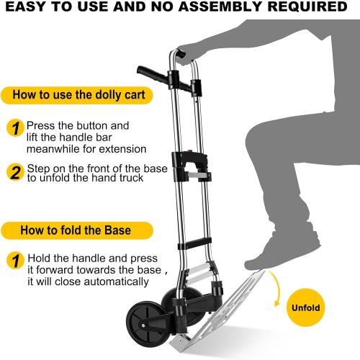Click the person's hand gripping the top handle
pyautogui.click(x=189, y=53)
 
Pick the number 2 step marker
pyautogui.click(x=14, y=173)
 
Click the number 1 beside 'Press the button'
pyautogui.click(x=14, y=128)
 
